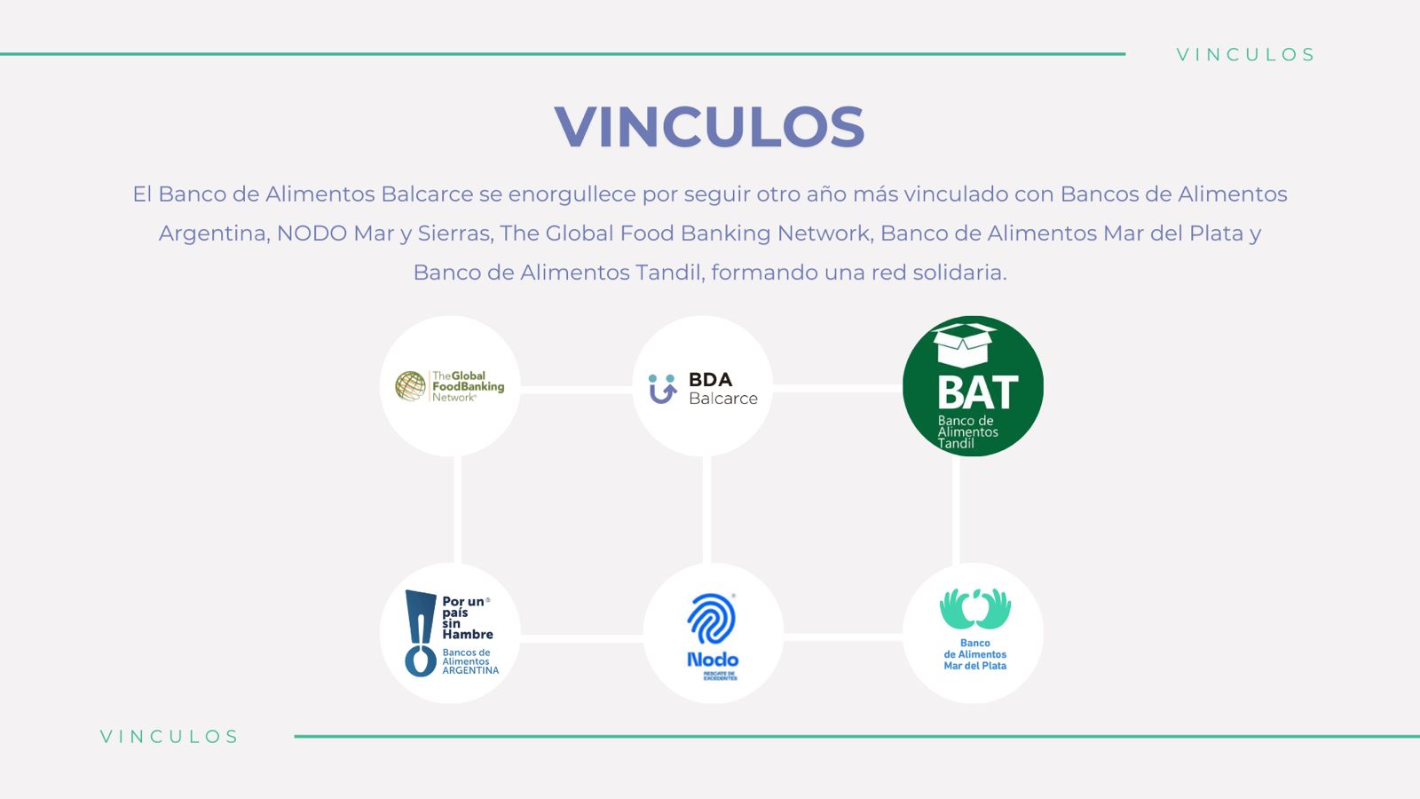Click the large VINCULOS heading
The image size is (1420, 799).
click(709, 126)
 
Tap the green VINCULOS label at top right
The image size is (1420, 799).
click(1245, 55)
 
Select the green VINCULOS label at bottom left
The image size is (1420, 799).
click(169, 737)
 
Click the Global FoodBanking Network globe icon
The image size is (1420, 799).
click(411, 386)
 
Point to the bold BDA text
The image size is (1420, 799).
click(710, 379)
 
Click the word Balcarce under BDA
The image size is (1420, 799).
click(723, 399)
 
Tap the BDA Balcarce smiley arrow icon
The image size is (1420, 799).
click(662, 389)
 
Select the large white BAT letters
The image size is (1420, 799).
click(977, 392)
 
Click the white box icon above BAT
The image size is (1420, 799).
click(965, 344)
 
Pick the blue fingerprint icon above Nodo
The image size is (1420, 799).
click(711, 619)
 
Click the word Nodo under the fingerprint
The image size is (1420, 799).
click(713, 660)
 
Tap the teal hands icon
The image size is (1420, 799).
click(974, 608)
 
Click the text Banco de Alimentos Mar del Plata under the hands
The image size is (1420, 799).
click(974, 654)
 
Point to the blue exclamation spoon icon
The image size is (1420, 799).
click(419, 633)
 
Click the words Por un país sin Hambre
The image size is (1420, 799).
click(467, 618)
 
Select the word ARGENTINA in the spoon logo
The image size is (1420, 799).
click(470, 670)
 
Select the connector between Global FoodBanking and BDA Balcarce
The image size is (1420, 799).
click(576, 389)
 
